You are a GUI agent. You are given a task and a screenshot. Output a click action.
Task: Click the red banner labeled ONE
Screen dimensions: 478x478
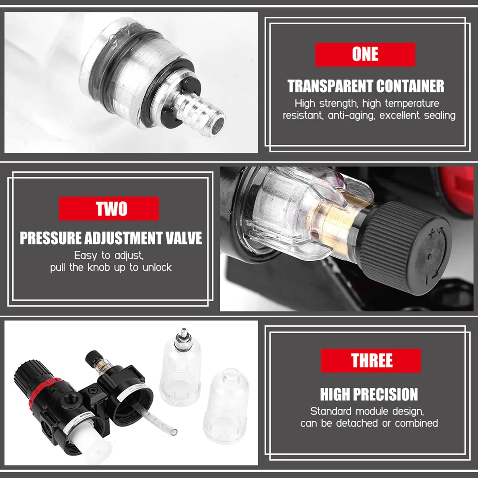(365, 54)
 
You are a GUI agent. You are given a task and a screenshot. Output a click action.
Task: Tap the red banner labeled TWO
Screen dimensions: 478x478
(109, 209)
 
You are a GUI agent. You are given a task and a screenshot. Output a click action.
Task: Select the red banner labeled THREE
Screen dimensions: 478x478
(371, 360)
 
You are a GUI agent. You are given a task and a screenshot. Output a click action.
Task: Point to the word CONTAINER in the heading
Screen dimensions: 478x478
(410, 86)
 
